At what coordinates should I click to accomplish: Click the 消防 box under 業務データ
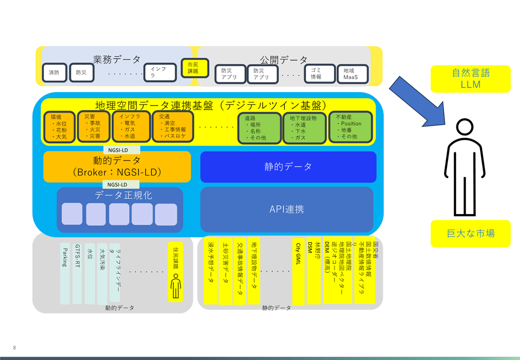tap(54, 73)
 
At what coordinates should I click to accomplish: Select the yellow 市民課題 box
tap(193, 68)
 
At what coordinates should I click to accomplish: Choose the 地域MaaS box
tap(353, 73)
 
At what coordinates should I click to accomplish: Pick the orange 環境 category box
tap(59, 127)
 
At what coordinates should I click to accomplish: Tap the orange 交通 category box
tap(172, 126)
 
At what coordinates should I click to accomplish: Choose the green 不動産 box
tap(350, 127)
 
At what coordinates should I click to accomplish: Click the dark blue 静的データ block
tap(288, 167)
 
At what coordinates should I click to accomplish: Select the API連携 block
tap(286, 209)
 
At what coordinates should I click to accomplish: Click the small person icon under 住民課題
tap(176, 287)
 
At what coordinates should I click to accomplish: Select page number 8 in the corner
tap(15, 347)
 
